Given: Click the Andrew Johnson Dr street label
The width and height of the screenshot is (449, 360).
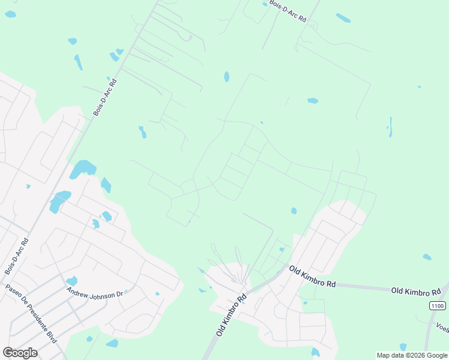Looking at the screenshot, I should (94, 292).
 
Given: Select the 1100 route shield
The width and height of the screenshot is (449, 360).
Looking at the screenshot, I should (438, 306).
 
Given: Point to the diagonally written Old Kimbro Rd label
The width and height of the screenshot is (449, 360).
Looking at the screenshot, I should (231, 314).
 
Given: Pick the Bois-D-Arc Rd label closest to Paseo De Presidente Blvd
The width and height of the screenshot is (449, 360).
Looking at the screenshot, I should (16, 257).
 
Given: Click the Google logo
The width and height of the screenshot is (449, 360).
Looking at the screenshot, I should (20, 353).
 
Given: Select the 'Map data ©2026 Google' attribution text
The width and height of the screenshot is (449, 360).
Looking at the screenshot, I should (411, 355).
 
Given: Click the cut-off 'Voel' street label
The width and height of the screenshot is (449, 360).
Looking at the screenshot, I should (442, 328).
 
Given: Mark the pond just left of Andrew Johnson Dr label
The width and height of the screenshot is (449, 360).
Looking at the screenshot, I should (71, 281).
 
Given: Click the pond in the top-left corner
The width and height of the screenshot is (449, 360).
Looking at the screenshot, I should (10, 14).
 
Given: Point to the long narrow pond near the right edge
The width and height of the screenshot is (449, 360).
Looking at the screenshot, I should (390, 127).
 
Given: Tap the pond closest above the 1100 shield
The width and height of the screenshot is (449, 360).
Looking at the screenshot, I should (426, 257).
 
